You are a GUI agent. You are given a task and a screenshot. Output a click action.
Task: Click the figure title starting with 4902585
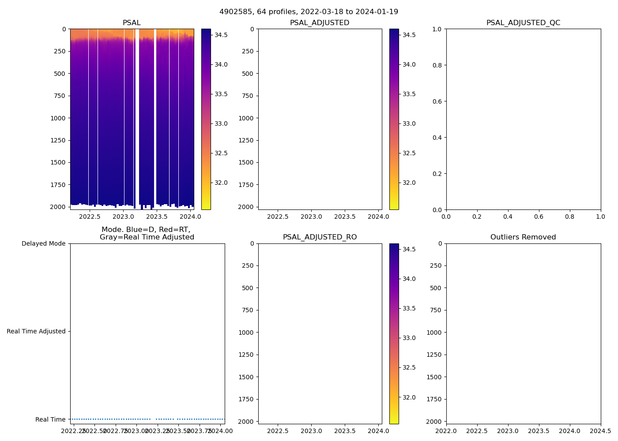[309, 12]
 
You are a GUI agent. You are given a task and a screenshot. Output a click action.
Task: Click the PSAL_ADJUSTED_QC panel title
[523, 23]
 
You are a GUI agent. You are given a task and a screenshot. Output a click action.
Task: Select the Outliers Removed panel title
[523, 237]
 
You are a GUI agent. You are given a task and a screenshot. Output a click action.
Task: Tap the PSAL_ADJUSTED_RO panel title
[320, 237]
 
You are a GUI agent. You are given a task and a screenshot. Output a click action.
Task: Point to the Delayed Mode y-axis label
[43, 243]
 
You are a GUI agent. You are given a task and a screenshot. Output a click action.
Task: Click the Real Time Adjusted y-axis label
[36, 331]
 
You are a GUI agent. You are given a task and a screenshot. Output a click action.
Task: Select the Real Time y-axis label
[50, 419]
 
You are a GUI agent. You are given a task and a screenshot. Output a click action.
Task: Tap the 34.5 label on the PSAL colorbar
[221, 35]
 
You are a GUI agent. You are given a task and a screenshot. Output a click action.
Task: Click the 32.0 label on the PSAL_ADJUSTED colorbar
[409, 183]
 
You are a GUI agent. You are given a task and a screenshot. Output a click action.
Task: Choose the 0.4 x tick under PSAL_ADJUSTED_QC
[508, 217]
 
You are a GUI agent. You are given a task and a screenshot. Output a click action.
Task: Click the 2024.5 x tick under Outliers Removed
[601, 431]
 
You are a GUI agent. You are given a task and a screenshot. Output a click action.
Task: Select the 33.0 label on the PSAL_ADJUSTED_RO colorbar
[409, 338]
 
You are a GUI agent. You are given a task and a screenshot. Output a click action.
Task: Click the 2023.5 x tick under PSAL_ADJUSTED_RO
[345, 431]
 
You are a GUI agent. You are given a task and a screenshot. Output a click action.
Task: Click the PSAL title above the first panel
[132, 23]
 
